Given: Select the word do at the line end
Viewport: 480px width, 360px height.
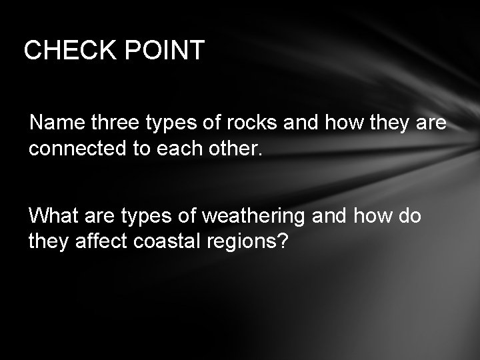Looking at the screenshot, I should click(x=408, y=216).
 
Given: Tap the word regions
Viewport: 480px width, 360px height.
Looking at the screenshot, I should click(x=247, y=241).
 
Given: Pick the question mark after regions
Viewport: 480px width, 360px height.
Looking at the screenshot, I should click(x=283, y=241).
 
